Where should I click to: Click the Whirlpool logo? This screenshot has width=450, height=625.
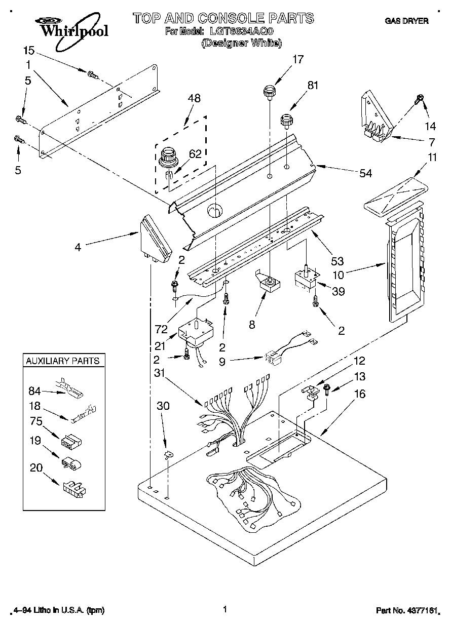pyautogui.click(x=71, y=27)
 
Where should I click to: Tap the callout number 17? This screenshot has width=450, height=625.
pyautogui.click(x=297, y=60)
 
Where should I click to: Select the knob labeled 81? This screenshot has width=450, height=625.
pyautogui.click(x=288, y=122)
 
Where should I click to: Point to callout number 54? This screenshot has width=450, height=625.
pyautogui.click(x=365, y=173)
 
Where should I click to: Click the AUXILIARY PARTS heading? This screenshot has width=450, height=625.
pyautogui.click(x=62, y=361)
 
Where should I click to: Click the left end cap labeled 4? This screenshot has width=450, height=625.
pyautogui.click(x=155, y=238)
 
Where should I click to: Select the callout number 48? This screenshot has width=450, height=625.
pyautogui.click(x=194, y=98)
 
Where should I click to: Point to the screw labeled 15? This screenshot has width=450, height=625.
pyautogui.click(x=92, y=75)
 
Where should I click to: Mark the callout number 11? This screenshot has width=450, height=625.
pyautogui.click(x=431, y=157)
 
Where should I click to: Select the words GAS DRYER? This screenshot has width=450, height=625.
pyautogui.click(x=406, y=21)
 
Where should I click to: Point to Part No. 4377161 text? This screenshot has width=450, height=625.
pyautogui.click(x=407, y=611)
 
